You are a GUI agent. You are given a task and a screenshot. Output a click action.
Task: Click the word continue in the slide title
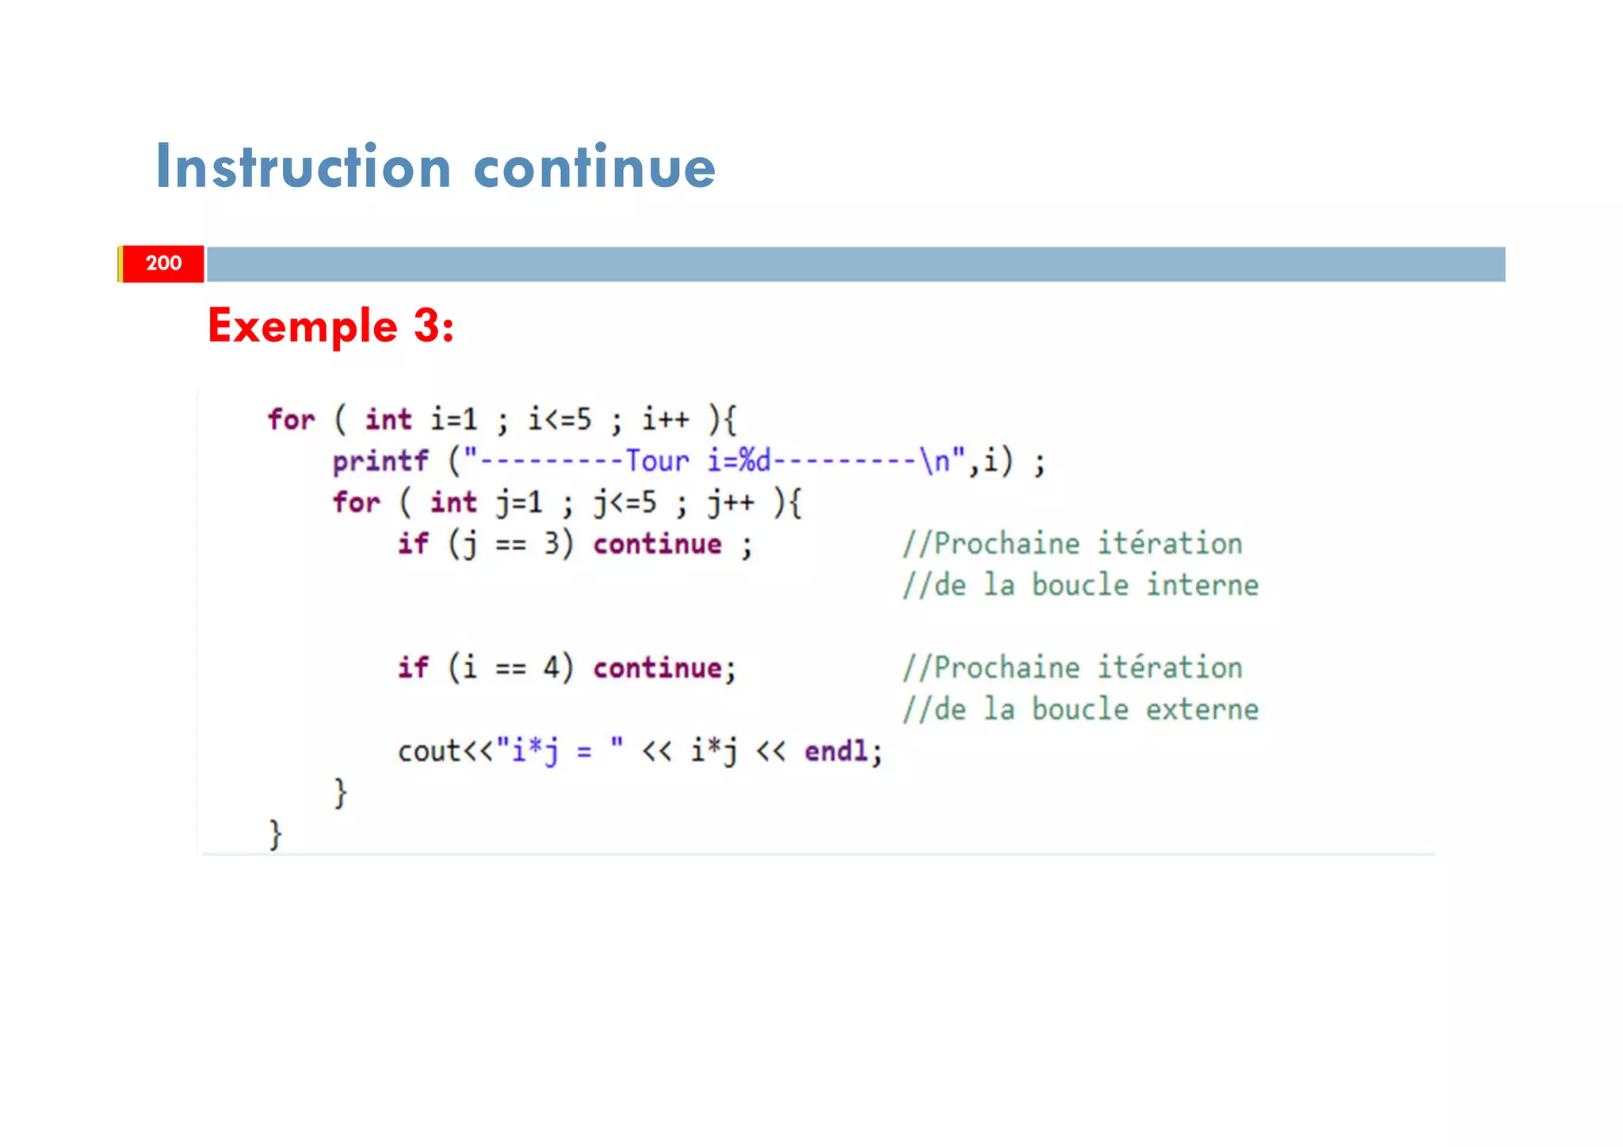594,167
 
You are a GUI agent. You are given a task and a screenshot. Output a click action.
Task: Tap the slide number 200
163,263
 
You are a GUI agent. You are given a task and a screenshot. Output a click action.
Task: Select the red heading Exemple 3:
330,326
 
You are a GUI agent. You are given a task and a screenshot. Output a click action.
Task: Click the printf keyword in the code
380,461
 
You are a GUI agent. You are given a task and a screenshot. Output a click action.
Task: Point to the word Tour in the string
657,461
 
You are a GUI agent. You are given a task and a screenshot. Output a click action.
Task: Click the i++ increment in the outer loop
666,419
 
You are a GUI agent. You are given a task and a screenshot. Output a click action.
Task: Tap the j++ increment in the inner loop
731,503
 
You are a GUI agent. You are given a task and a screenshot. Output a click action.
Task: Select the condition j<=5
625,503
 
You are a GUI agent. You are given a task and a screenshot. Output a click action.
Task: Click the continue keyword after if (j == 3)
657,544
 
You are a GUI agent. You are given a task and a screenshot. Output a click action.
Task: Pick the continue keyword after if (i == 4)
657,668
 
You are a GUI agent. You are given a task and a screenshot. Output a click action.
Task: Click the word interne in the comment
1202,585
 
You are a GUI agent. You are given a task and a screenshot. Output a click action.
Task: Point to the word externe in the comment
1202,709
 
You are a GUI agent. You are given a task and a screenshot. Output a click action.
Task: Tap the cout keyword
429,751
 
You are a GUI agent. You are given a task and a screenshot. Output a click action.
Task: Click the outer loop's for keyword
291,419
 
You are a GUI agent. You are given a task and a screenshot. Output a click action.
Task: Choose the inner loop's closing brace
340,792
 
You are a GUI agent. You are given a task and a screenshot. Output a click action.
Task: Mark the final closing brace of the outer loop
275,834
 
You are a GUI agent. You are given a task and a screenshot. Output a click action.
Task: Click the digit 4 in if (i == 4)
552,668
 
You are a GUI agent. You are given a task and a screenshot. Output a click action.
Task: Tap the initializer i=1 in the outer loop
454,419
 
